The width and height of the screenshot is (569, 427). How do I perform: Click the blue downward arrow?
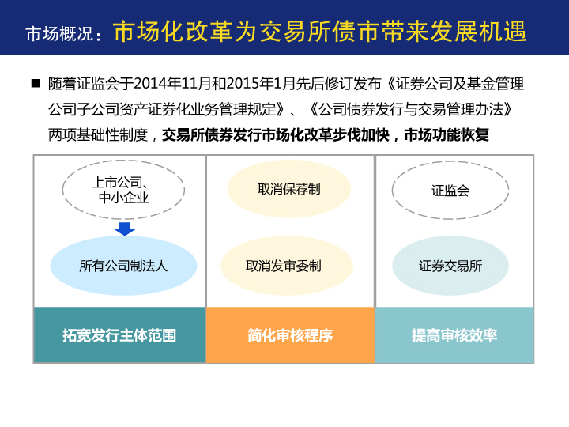pos(125,229)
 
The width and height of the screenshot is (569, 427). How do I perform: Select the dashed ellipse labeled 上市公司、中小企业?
pos(123,160)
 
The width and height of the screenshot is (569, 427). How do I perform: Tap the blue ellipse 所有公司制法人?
pos(123,266)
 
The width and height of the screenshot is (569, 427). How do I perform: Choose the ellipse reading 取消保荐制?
pos(289,189)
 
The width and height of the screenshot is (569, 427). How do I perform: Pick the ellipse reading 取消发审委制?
pos(287,266)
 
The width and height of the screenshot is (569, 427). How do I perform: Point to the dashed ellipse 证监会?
pos(450,161)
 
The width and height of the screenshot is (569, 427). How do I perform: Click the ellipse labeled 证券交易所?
pos(450,266)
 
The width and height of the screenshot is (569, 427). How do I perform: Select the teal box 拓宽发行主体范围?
pos(119,334)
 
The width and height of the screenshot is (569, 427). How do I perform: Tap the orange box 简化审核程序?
pos(290,334)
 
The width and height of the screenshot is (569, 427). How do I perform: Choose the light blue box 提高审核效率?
pos(454,334)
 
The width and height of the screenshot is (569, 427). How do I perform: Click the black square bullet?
pos(36,84)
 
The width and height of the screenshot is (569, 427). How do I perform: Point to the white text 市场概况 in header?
pos(59,34)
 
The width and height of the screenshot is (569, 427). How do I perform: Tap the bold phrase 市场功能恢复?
pos(447,134)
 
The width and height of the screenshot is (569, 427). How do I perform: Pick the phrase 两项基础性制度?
pos(98,134)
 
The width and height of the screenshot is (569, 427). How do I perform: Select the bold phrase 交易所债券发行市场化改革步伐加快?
pos(276,134)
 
